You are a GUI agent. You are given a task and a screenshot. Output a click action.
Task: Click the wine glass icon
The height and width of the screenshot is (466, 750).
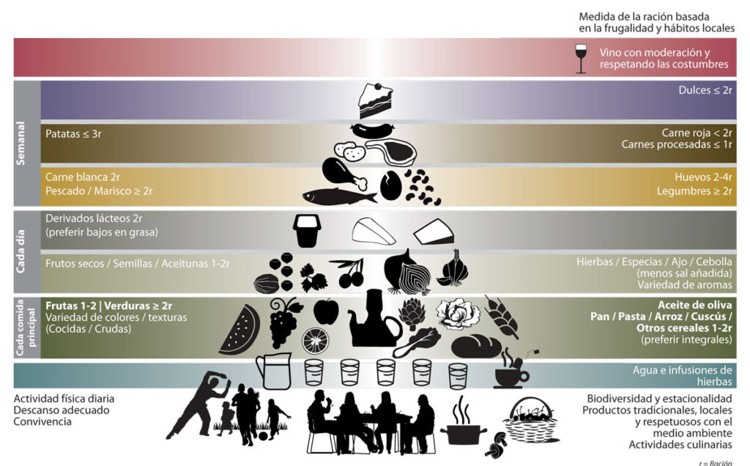(x=581, y=59)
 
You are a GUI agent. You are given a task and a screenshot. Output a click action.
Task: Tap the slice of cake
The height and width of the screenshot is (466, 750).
(x=376, y=100)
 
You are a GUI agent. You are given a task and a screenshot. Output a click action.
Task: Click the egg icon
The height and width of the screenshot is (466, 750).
(x=391, y=185)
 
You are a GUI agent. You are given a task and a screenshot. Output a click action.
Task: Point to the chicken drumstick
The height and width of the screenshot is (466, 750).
(x=344, y=174)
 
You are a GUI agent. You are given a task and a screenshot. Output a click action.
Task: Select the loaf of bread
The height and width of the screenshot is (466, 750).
(x=476, y=347)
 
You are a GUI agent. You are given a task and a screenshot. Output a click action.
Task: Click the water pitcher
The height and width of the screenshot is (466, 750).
(x=274, y=371)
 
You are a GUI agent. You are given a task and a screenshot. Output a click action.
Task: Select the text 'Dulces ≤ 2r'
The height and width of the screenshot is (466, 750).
(x=705, y=90)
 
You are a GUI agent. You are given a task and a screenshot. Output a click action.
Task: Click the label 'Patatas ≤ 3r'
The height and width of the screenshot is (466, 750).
(x=73, y=134)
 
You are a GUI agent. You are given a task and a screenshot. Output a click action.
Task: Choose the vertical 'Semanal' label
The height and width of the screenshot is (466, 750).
(x=21, y=143)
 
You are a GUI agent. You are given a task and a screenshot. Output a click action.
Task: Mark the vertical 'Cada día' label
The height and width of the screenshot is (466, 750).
(x=21, y=251)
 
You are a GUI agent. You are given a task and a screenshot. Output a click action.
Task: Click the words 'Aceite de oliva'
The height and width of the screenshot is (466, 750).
(x=694, y=306)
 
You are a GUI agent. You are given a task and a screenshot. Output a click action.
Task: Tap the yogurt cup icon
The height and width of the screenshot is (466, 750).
(x=307, y=231)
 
